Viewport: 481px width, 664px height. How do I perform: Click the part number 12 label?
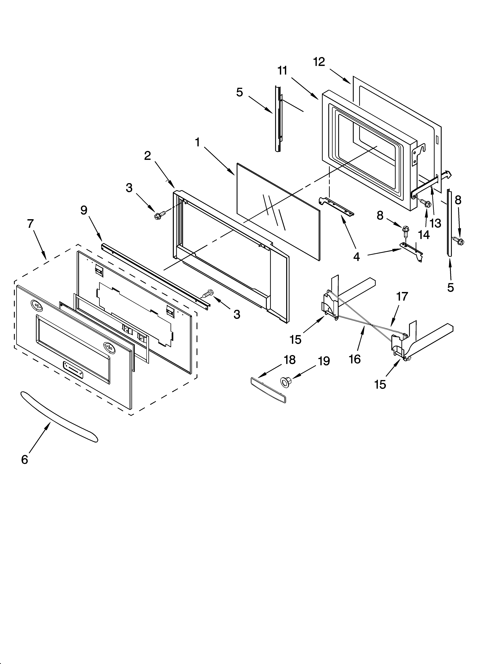point(319,62)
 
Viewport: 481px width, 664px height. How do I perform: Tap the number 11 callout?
point(282,71)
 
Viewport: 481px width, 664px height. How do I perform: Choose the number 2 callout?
point(147,155)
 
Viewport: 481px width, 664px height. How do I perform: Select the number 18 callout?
point(290,360)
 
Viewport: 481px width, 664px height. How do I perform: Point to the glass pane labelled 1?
point(278,211)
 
